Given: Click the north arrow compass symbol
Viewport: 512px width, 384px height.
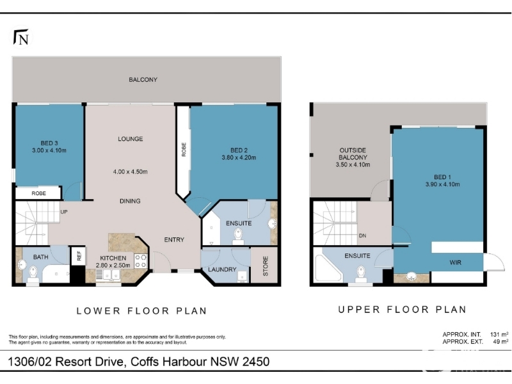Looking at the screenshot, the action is click(x=21, y=38).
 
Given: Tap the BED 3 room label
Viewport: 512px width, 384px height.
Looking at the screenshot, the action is click(x=49, y=143).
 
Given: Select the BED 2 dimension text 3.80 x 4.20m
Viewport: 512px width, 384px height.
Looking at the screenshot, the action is click(x=239, y=157).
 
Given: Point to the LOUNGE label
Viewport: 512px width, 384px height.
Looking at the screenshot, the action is click(x=131, y=139).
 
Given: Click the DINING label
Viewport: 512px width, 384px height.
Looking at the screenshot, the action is click(x=130, y=201).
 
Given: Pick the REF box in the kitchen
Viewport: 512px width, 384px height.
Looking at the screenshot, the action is click(x=79, y=255).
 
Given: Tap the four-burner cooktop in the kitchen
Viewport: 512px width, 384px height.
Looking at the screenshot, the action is click(x=140, y=261).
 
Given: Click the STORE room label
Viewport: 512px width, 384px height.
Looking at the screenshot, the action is click(x=266, y=266).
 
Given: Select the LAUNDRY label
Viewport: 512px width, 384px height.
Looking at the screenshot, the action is click(x=222, y=269).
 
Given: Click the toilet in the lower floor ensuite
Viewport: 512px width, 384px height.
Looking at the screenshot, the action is click(x=238, y=236).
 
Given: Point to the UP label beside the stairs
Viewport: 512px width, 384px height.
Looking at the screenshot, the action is click(x=64, y=212).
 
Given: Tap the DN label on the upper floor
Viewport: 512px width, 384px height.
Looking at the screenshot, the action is click(x=362, y=236).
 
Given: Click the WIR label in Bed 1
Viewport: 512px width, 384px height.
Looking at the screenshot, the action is click(x=455, y=262).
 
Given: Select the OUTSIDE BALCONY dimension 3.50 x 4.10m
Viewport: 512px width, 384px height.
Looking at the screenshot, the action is click(x=353, y=164).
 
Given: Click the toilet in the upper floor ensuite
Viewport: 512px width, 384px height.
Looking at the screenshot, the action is click(x=360, y=273).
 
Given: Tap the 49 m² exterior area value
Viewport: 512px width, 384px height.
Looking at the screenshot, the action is click(x=500, y=342).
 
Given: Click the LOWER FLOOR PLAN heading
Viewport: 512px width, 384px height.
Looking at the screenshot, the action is click(x=141, y=311).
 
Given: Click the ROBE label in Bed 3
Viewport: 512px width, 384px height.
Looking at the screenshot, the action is click(x=38, y=194).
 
